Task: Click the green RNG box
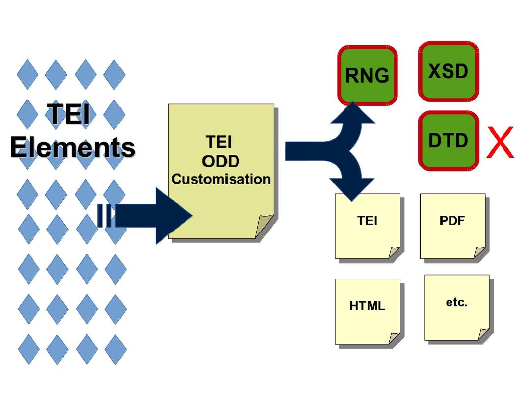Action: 367,76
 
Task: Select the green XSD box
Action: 449,71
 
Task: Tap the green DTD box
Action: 449,141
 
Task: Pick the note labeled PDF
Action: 452,226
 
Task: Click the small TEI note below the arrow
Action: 367,226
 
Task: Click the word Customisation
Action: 221,179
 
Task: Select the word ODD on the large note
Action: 221,162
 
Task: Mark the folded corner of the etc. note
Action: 483,333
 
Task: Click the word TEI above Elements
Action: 69,114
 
